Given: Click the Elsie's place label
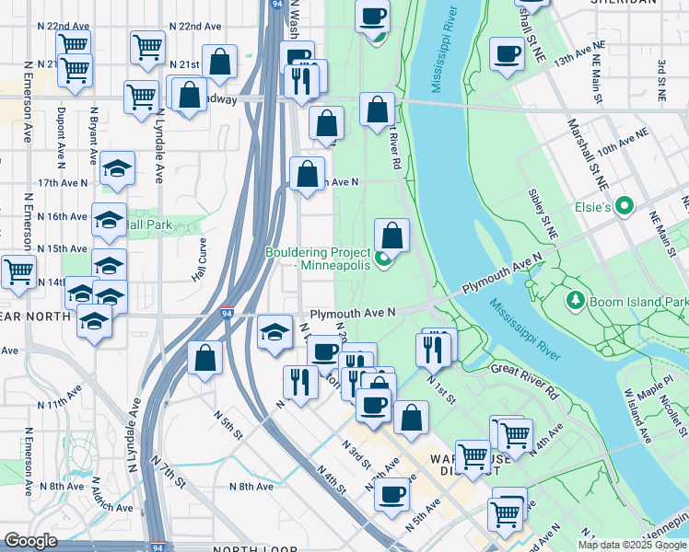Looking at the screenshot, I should tap(593, 209).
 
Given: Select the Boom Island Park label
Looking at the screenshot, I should tap(637, 302).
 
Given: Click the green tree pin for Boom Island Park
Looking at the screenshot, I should tap(575, 300).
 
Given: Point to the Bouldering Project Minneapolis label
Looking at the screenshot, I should tap(318, 259).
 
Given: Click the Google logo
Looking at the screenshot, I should tap(30, 540).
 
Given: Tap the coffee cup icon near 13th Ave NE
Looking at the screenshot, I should tap(507, 53).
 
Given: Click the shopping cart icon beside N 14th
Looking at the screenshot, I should tap(18, 270).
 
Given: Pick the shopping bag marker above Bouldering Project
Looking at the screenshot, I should tap(391, 235).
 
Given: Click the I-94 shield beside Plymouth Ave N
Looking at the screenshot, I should tap(227, 314).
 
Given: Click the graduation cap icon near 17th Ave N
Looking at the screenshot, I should tap(117, 167).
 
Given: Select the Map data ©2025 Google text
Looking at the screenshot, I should tap(633, 545).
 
